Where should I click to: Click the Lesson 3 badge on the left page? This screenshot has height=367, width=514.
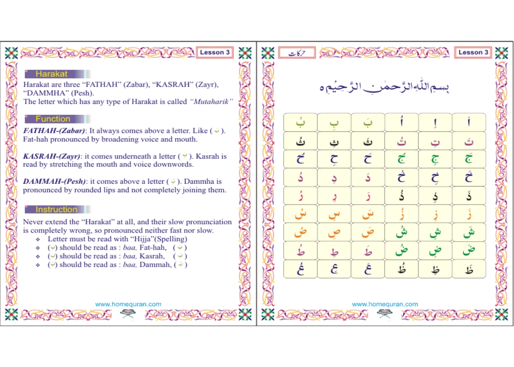(215, 53)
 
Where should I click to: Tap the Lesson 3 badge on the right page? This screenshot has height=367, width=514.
(473, 53)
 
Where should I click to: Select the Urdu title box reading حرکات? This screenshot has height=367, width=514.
(297, 53)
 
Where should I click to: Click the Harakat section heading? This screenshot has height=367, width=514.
(52, 74)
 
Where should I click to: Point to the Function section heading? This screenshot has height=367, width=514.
(53, 119)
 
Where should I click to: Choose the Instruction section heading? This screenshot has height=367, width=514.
(56, 209)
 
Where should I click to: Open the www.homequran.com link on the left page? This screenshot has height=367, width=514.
(128, 304)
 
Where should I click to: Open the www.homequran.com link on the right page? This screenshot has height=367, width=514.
(385, 304)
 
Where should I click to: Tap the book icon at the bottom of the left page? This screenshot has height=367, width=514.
(128, 313)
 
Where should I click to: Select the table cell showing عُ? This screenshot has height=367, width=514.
(300, 269)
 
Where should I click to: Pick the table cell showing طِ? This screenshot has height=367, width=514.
(334, 251)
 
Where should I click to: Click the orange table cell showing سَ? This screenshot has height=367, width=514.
(368, 214)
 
